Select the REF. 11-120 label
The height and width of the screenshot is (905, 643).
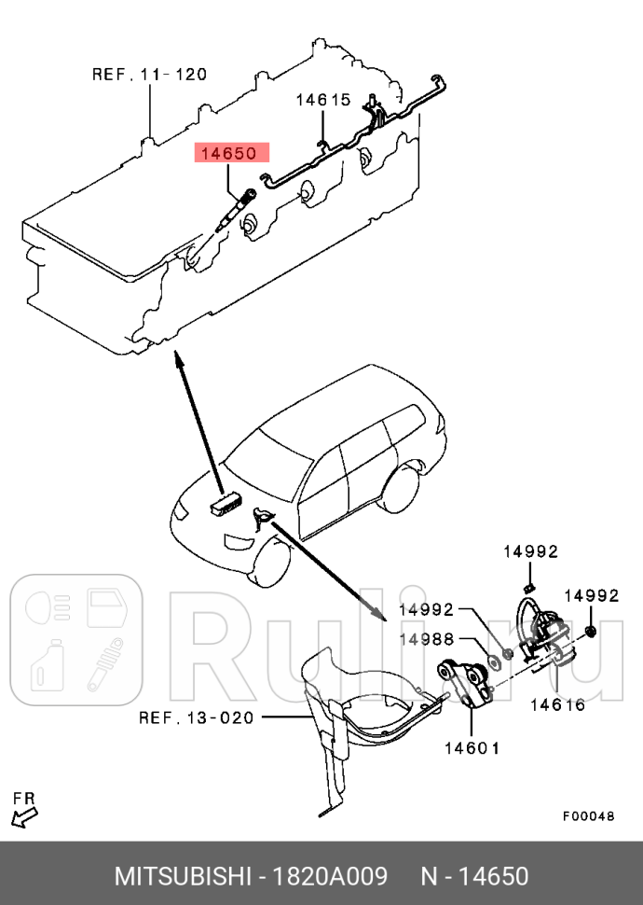pyautogui.click(x=149, y=74)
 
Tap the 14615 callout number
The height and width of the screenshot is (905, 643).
pyautogui.click(x=323, y=100)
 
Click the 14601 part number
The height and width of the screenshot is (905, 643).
pyautogui.click(x=472, y=747)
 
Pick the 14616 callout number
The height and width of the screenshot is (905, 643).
pyautogui.click(x=557, y=705)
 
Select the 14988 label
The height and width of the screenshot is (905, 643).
pyautogui.click(x=427, y=639)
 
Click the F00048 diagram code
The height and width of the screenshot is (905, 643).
pyautogui.click(x=588, y=815)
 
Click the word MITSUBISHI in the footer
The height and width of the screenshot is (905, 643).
pyautogui.click(x=183, y=877)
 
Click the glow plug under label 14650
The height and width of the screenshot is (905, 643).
pyautogui.click(x=235, y=210)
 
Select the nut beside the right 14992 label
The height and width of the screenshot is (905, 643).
pyautogui.click(x=594, y=633)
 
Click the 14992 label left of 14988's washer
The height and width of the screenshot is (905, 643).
pyautogui.click(x=426, y=610)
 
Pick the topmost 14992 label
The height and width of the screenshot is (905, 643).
pyautogui.click(x=530, y=551)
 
